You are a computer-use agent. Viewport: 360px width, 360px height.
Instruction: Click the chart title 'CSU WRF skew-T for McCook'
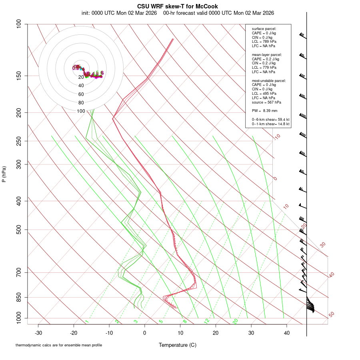click(x=177, y=6)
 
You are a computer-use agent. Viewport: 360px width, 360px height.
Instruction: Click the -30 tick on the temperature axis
click(x=38, y=333)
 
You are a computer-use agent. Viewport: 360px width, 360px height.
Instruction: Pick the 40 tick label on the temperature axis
click(x=287, y=333)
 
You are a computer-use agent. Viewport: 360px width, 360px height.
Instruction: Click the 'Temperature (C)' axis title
click(x=177, y=345)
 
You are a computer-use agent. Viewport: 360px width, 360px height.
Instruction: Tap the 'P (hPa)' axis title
click(x=4, y=174)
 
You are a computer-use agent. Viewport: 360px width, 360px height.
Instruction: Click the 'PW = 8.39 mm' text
click(x=262, y=110)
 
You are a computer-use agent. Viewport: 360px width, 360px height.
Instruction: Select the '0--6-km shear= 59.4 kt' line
click(x=270, y=119)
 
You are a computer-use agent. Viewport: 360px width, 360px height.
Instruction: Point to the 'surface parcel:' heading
click(x=264, y=29)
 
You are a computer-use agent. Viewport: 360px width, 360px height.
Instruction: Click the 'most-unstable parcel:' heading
click(x=269, y=80)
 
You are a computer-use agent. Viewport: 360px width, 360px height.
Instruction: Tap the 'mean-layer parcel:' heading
click(x=266, y=54)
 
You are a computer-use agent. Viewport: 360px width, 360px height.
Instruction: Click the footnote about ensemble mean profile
click(x=59, y=345)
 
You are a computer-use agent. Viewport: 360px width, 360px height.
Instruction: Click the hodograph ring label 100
click(x=81, y=111)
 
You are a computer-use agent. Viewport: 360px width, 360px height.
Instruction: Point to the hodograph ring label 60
click(x=81, y=94)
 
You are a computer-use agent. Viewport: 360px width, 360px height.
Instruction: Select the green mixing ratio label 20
click(x=235, y=321)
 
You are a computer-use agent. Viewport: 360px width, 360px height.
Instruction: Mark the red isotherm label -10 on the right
click(x=277, y=137)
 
